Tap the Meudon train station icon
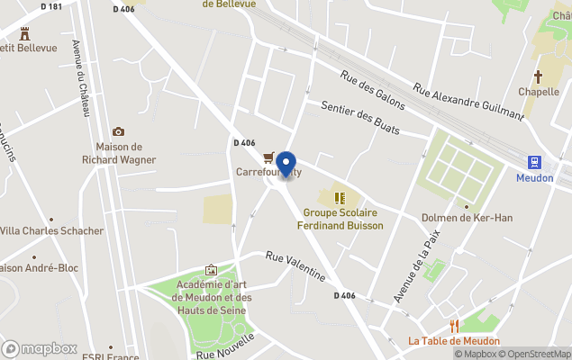[x=534, y=162]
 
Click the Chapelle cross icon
[x=539, y=77]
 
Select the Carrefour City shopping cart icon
[x=268, y=157]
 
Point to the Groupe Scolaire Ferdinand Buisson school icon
[x=340, y=198]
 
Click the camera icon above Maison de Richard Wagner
[x=118, y=132]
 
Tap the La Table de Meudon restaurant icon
[x=455, y=326]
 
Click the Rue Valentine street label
[x=295, y=267]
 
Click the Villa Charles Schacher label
[x=52, y=230]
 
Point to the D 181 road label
[x=52, y=6]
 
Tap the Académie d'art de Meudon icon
[x=211, y=269]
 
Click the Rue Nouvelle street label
[x=225, y=346]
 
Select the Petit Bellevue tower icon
[x=24, y=33]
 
